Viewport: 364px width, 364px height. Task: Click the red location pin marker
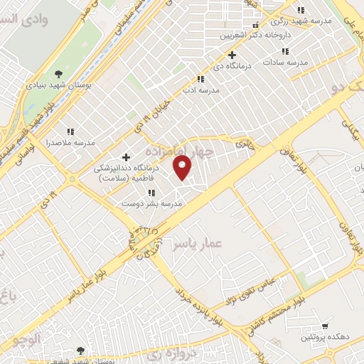tap(183, 167)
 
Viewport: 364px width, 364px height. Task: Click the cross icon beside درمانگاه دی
tap(232, 55)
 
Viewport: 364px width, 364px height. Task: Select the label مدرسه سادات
tap(284, 63)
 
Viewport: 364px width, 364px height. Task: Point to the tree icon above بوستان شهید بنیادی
tap(58, 73)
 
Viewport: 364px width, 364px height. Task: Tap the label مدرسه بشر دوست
tap(151, 203)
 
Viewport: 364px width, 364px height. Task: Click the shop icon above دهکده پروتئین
tap(325, 323)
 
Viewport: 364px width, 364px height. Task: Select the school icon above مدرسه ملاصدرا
tap(70, 132)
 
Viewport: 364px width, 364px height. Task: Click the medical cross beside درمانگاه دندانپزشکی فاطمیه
tap(127, 157)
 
